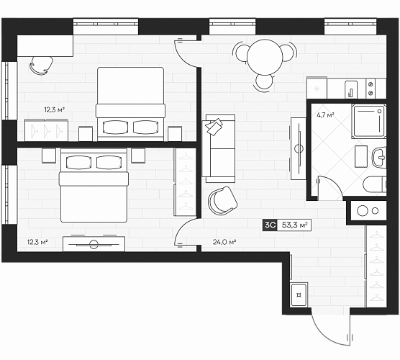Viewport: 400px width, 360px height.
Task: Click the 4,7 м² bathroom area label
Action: tap(325, 115)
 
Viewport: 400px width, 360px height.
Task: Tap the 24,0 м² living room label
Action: tap(224, 242)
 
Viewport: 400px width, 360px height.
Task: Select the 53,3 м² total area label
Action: tap(294, 225)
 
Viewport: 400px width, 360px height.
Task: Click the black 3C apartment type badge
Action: tap(270, 225)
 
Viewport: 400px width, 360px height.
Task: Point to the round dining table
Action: tap(265, 57)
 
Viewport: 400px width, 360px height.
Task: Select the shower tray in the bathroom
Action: tap(368, 122)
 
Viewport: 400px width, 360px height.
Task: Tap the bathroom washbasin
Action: tap(379, 158)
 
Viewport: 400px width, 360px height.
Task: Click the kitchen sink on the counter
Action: tap(351, 89)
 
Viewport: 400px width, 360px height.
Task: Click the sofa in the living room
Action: tap(219, 148)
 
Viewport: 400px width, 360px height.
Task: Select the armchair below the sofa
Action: tap(222, 200)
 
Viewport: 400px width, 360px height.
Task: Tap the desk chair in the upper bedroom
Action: tap(41, 65)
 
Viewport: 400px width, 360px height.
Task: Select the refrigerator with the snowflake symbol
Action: tap(317, 89)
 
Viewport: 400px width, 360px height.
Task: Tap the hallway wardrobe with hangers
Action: tap(376, 266)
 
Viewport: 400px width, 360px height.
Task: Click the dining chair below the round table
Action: tap(265, 83)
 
